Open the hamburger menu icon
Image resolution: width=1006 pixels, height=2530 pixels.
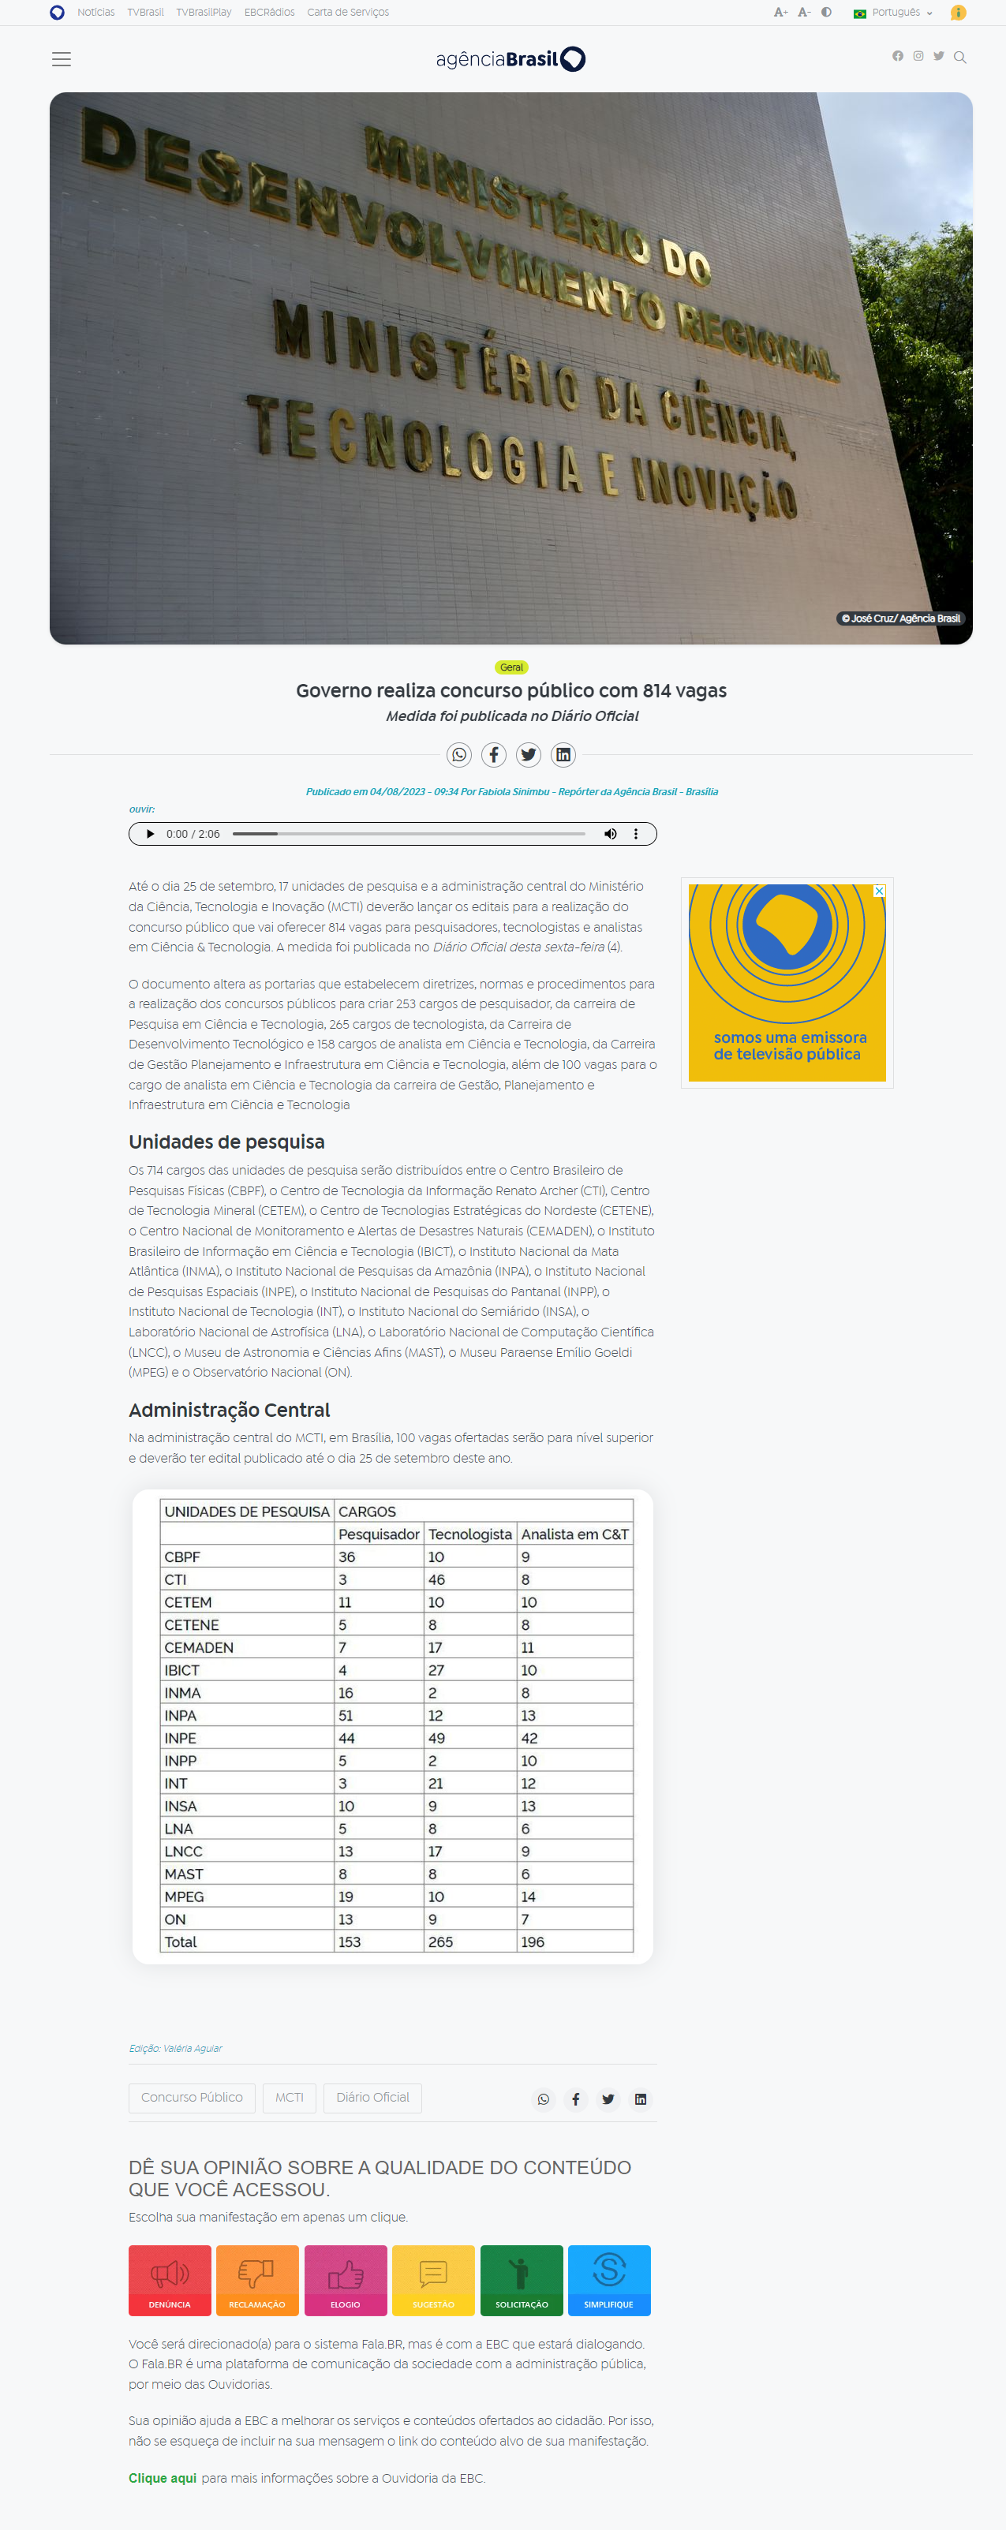61,59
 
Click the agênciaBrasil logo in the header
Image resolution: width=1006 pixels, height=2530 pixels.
510,59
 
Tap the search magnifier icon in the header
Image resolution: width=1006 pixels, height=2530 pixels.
959,57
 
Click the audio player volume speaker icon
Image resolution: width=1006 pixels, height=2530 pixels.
610,834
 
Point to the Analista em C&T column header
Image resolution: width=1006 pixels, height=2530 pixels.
574,1534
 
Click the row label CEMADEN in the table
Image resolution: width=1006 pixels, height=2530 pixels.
200,1647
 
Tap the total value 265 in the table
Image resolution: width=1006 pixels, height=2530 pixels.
441,1941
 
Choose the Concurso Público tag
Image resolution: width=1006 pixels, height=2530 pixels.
192,2097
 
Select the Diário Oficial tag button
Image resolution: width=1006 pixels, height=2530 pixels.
372,2097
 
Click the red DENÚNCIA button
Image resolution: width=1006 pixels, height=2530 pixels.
170,2280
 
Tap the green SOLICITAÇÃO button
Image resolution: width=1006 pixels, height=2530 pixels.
522,2280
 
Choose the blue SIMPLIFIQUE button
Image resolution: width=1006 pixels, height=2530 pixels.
609,2280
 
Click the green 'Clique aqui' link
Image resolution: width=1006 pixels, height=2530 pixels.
162,2478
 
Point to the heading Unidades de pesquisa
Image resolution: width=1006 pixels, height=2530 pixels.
227,1142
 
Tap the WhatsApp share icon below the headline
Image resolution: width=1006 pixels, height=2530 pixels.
458,754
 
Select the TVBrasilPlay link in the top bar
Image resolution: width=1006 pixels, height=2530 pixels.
204,13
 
